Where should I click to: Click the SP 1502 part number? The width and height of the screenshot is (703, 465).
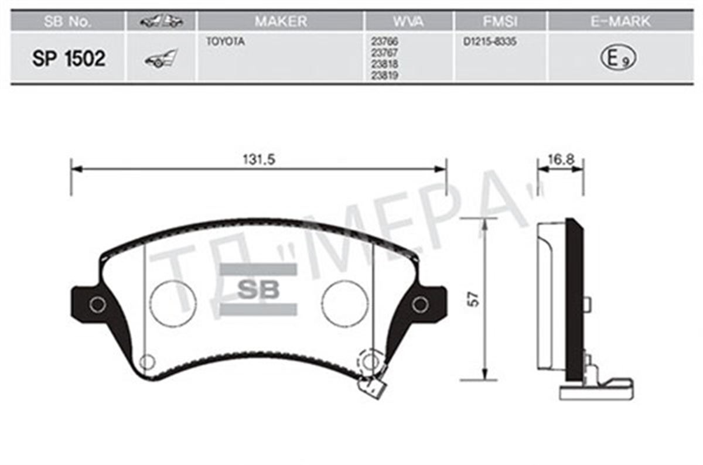pyautogui.click(x=69, y=59)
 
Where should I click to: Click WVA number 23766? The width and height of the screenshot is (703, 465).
pyautogui.click(x=382, y=43)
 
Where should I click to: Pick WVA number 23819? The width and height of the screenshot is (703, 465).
pyautogui.click(x=382, y=76)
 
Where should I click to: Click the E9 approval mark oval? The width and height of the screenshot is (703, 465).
pyautogui.click(x=618, y=58)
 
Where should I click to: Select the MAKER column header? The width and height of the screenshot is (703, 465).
pyautogui.click(x=280, y=22)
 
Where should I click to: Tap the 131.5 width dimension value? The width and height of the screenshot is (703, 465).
pyautogui.click(x=258, y=159)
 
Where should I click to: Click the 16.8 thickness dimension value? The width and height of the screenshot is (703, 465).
pyautogui.click(x=560, y=159)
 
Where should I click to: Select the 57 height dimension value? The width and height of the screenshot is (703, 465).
pyautogui.click(x=475, y=299)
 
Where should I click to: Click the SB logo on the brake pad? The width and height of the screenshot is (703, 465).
pyautogui.click(x=258, y=289)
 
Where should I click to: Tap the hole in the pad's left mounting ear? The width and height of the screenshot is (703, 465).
pyautogui.click(x=97, y=305)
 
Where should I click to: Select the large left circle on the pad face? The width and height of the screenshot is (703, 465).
pyautogui.click(x=173, y=303)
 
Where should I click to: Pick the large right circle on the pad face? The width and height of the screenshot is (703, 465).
pyautogui.click(x=345, y=303)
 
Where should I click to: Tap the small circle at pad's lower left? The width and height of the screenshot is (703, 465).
pyautogui.click(x=146, y=362)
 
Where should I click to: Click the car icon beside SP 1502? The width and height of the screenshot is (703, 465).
pyautogui.click(x=161, y=59)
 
